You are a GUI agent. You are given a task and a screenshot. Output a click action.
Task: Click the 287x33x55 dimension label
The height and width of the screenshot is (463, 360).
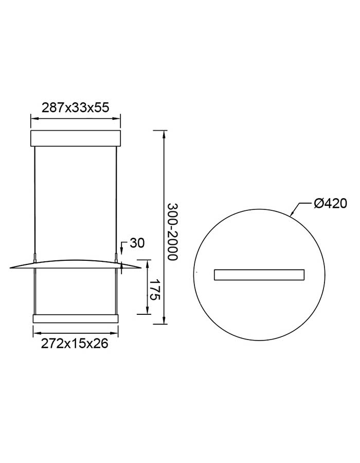pos(76,108)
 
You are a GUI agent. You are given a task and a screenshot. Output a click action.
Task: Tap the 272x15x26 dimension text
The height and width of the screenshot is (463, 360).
pos(75,344)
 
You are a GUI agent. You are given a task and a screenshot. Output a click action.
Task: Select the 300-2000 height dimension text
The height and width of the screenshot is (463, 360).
pos(173,232)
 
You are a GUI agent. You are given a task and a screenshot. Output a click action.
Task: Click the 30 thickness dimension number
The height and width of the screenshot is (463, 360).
pos(137,243)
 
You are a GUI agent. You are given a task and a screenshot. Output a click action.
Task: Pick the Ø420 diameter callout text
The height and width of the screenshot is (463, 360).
pos(330,203)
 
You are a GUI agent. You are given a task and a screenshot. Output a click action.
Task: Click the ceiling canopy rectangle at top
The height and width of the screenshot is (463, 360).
pos(76,138)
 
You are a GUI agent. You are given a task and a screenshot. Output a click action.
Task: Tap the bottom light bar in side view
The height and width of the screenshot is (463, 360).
pos(76,318)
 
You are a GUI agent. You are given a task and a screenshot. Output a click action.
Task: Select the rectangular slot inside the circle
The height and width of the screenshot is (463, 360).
pos(259,275)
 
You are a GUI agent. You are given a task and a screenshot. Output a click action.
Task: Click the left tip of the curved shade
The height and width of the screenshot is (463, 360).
pos(10,268)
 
